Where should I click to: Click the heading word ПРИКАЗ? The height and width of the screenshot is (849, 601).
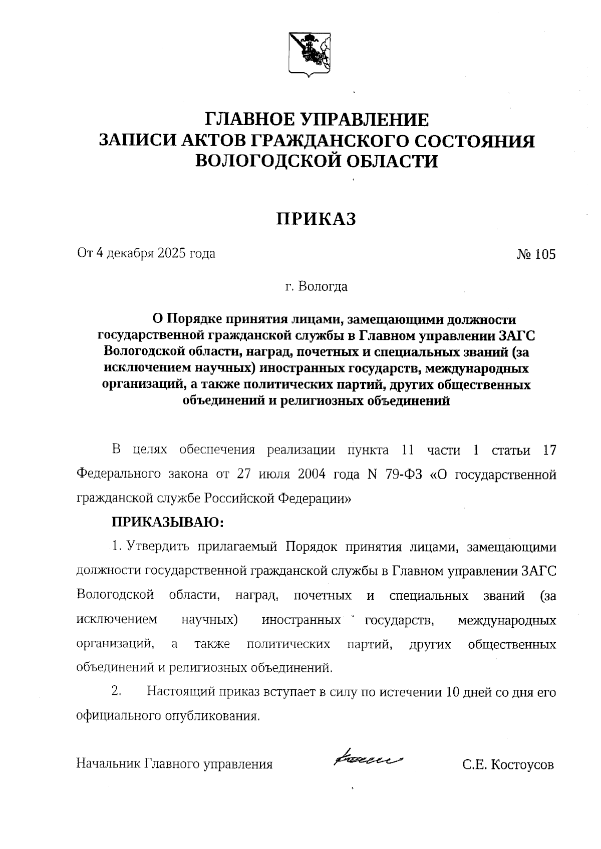coord(317,219)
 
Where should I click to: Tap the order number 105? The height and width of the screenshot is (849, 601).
coord(545,254)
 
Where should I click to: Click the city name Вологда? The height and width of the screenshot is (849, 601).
coord(323,286)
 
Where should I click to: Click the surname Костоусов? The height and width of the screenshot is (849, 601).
coord(522,765)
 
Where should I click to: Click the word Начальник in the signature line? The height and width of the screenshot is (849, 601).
coord(108,764)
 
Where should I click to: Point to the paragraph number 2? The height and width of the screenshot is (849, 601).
coord(116,692)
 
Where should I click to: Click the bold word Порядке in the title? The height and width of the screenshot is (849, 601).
coord(193,319)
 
